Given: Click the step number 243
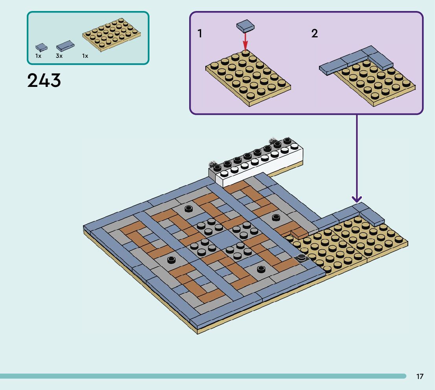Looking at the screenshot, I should point(44,81).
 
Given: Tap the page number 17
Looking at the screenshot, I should point(420,377).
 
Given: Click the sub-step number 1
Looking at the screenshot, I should point(200,34).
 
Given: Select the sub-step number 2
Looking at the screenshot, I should point(314,34).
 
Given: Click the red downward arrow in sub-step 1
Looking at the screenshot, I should point(245,40).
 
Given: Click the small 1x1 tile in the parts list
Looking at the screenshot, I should point(41,47).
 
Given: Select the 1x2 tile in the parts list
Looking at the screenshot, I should point(65,46).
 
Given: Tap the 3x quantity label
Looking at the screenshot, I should point(59,56).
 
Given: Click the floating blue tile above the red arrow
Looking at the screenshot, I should point(245,26).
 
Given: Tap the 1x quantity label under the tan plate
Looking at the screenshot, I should point(85,56).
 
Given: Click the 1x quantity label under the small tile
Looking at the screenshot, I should point(38,56).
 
